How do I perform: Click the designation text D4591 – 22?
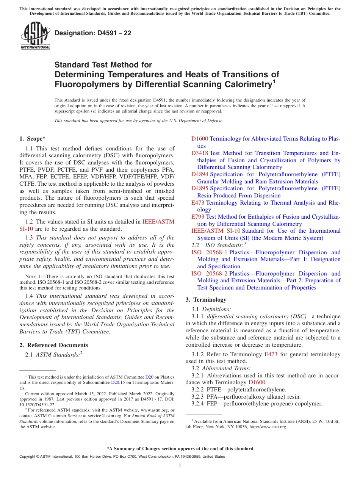pyautogui.click(x=93, y=33)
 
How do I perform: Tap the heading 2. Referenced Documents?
pyautogui.click(x=53, y=345)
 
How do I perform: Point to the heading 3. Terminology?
pyautogui.click(x=206, y=300)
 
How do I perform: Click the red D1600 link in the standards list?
pyautogui.click(x=200, y=139)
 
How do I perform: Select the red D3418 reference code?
pyautogui.click(x=200, y=153)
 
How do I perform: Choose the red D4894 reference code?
pyautogui.click(x=200, y=174)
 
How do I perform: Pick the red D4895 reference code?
pyautogui.click(x=200, y=188)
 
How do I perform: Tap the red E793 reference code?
pyautogui.click(x=198, y=217)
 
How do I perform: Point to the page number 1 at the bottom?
pyautogui.click(x=180, y=466)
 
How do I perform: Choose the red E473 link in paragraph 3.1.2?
pyautogui.click(x=271, y=354)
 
